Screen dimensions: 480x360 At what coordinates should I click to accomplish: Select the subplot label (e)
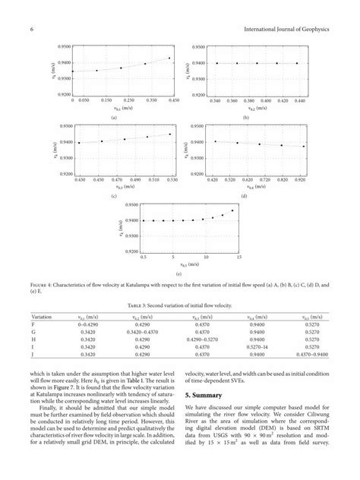tap(178, 273)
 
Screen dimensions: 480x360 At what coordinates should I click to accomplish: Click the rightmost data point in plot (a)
tap(169, 58)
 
